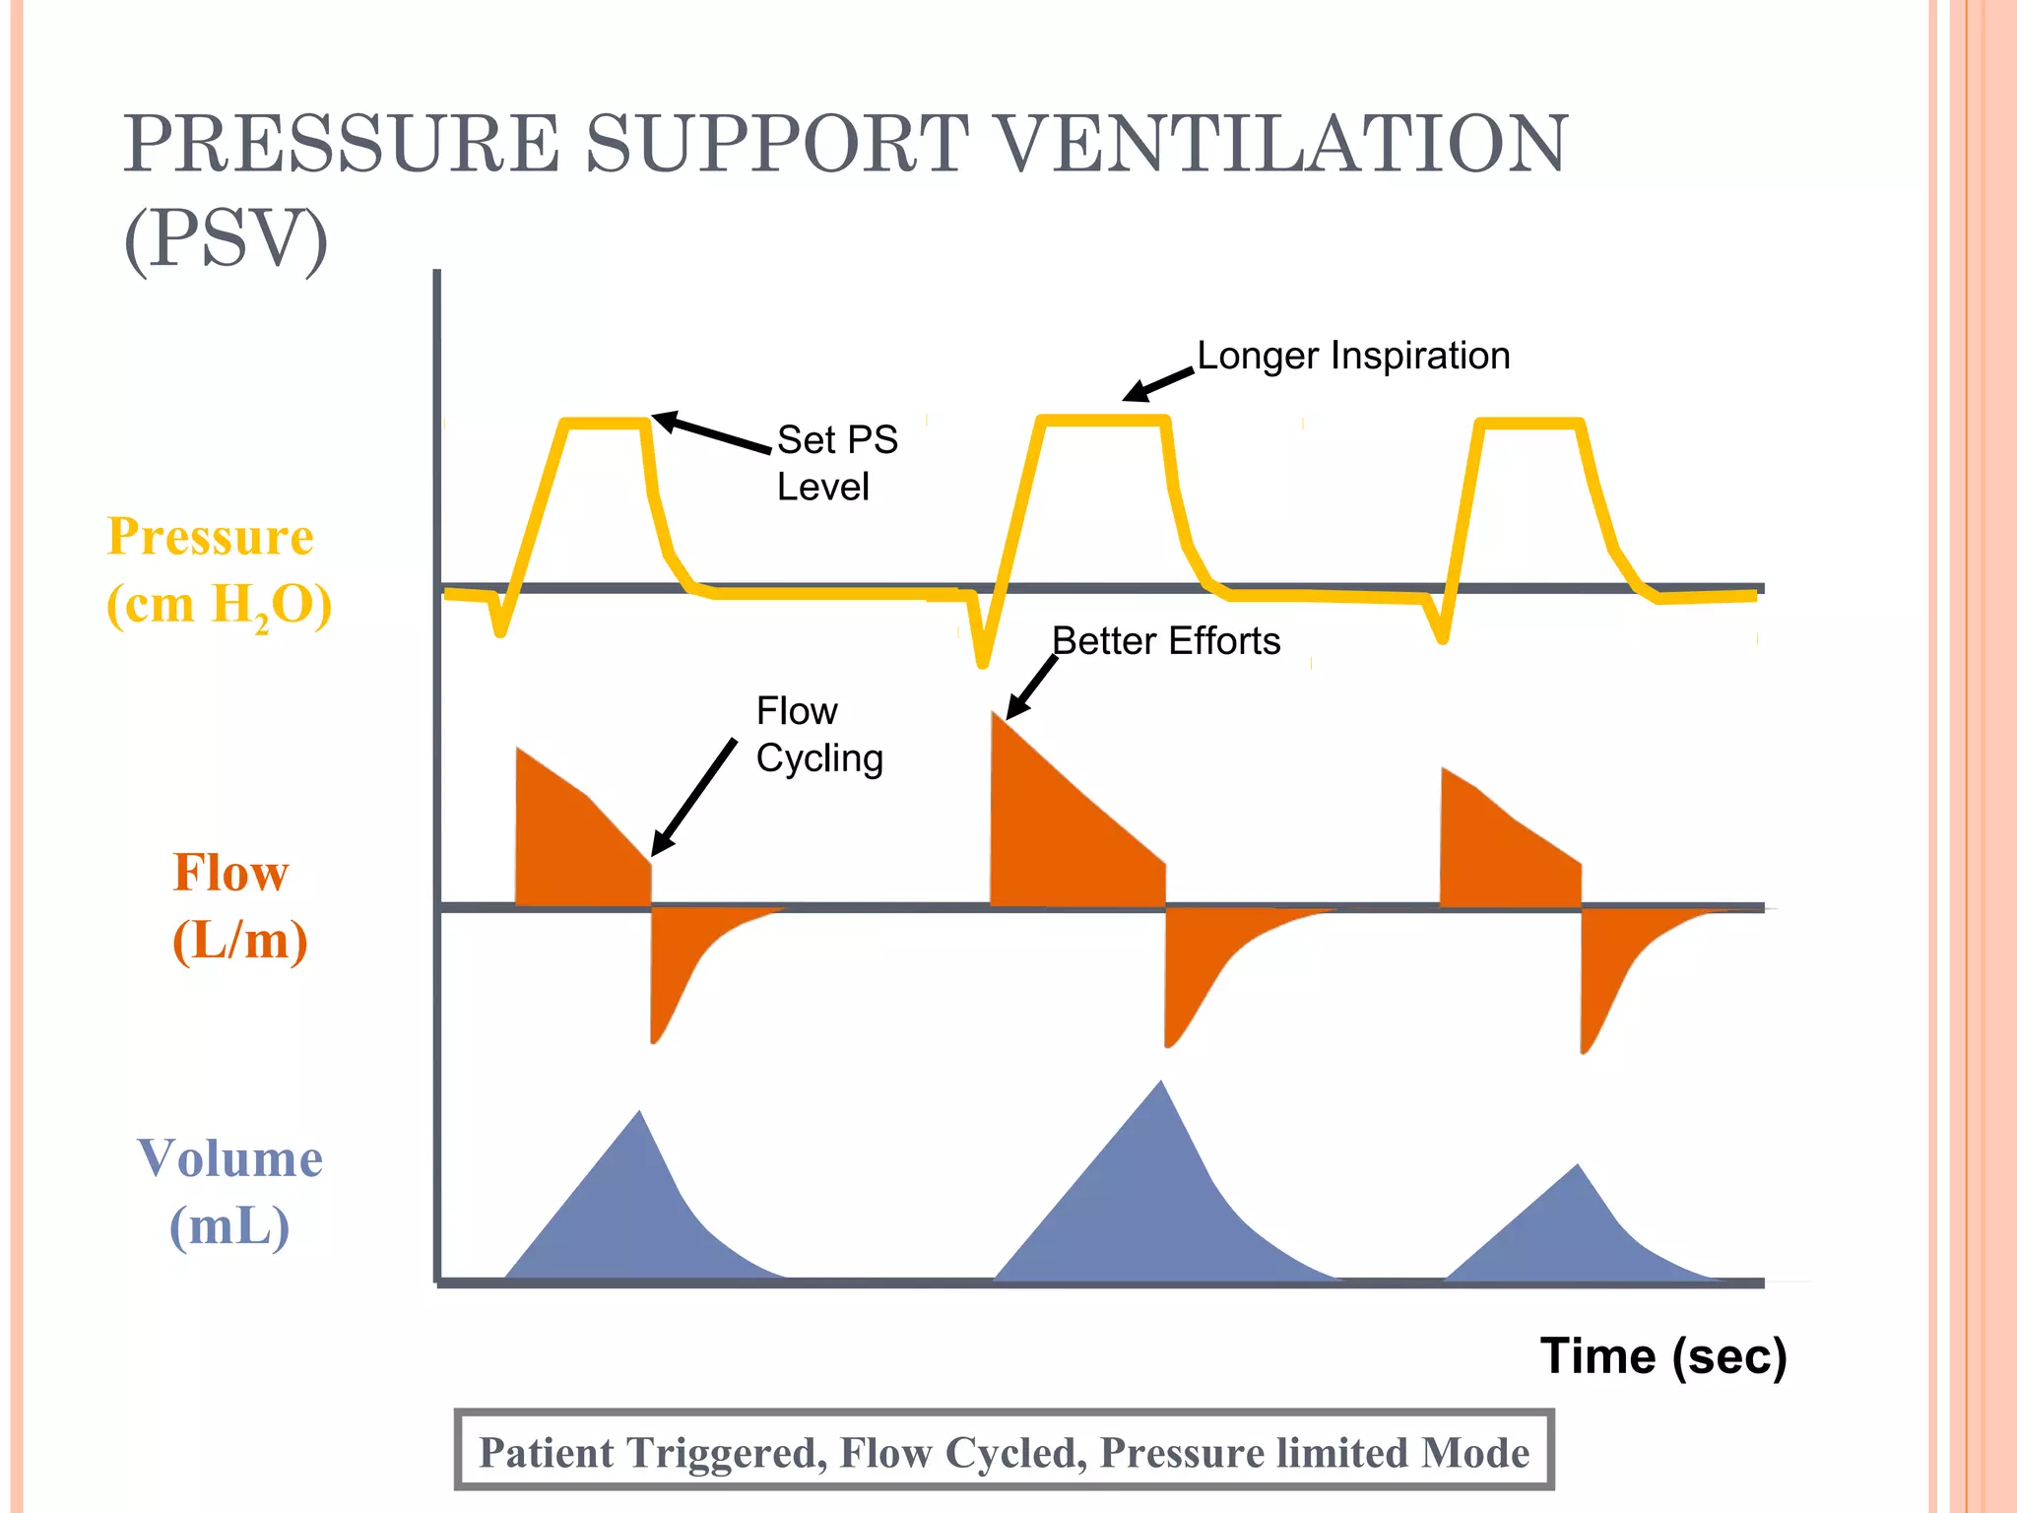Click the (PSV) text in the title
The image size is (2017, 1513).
(226, 239)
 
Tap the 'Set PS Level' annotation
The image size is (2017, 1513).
(836, 463)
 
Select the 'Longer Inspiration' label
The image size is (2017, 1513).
(1352, 356)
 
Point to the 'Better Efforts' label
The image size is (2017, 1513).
(1165, 641)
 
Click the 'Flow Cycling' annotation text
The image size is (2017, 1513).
(817, 735)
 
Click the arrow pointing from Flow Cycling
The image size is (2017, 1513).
(693, 797)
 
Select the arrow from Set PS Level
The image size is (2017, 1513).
(711, 432)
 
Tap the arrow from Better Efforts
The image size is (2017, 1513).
(1031, 687)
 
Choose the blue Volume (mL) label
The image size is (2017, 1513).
(230, 1192)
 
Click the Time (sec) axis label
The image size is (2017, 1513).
(1662, 1356)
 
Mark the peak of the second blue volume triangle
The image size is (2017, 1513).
(1162, 1086)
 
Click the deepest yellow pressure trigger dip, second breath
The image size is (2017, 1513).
(982, 660)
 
